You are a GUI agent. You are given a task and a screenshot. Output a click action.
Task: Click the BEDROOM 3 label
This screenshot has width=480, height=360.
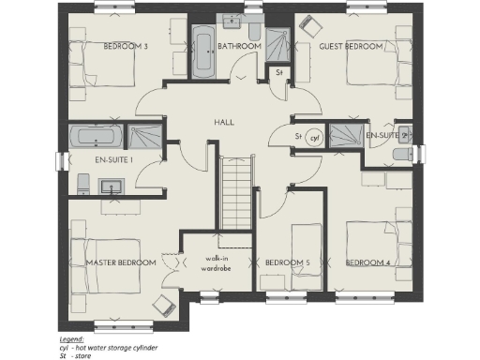tap(125, 46)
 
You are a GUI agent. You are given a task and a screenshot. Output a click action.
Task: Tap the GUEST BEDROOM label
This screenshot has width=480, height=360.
tap(352, 46)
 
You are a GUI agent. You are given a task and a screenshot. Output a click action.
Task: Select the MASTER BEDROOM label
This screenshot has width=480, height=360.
tap(121, 262)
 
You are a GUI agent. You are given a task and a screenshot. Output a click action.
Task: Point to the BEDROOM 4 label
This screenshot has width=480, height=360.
tap(369, 262)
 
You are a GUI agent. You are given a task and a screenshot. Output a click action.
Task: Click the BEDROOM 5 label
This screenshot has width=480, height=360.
tap(288, 262)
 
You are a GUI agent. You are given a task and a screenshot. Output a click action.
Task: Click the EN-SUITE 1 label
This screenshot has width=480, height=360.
tap(113, 160)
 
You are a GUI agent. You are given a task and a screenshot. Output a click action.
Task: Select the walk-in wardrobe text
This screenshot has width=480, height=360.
tap(217, 262)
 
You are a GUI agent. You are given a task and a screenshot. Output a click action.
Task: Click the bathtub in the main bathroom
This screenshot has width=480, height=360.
tap(203, 52)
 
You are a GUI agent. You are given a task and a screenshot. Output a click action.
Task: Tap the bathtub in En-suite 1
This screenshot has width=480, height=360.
tap(95, 138)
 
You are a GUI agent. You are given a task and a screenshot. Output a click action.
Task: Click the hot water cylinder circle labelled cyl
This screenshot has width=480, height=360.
tap(315, 137)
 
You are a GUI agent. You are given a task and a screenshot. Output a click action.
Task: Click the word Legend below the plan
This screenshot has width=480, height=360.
tap(71, 337)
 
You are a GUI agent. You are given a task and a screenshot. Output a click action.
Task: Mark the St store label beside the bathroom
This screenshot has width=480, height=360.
tap(278, 72)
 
